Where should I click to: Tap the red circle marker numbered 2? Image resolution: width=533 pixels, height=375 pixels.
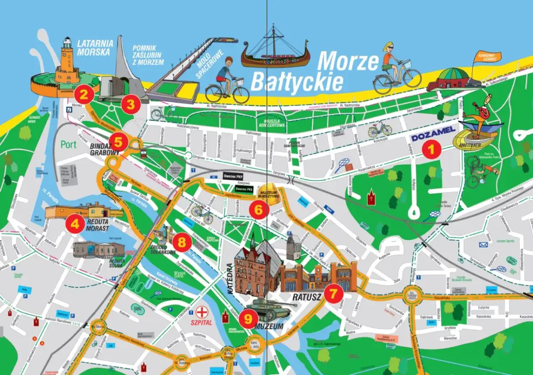pos(84,94)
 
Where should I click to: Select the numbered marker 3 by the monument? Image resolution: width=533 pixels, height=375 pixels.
pos(131,105)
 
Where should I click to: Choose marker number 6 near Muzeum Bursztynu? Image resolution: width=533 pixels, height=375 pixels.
pos(259,209)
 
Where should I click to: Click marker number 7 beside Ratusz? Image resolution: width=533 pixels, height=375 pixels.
pos(333,293)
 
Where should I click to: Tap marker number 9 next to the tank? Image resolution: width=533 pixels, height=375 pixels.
pos(248,319)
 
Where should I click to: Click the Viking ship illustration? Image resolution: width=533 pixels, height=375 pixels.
pos(274,51)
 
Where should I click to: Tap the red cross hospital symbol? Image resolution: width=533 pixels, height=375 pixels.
pos(203,311)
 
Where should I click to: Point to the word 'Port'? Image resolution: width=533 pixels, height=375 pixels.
pos(68,145)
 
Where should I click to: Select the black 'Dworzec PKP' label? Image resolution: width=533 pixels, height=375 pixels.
pos(236,176)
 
